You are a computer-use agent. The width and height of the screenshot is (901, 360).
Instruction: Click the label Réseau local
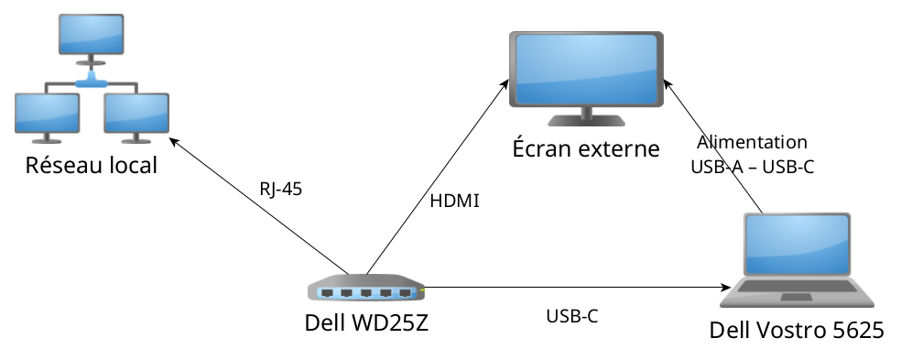pyautogui.click(x=91, y=166)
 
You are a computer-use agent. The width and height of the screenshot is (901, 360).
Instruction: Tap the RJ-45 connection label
pyautogui.click(x=280, y=190)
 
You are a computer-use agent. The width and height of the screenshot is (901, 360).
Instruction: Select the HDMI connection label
pyautogui.click(x=454, y=201)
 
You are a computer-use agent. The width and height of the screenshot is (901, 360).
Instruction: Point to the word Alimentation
pyautogui.click(x=752, y=142)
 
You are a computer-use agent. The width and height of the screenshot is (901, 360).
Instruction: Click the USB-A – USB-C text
pyautogui.click(x=752, y=167)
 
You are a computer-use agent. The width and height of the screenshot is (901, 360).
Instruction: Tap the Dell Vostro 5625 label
pyautogui.click(x=797, y=331)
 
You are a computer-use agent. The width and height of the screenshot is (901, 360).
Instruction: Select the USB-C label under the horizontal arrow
pyautogui.click(x=572, y=316)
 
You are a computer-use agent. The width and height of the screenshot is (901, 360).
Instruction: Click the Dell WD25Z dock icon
pyautogui.click(x=366, y=289)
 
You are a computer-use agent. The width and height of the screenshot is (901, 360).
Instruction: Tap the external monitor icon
pyautogui.click(x=586, y=78)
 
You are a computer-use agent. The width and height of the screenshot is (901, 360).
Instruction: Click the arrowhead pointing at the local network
pyautogui.click(x=174, y=141)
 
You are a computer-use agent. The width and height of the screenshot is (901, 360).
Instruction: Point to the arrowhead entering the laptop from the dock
pyautogui.click(x=724, y=288)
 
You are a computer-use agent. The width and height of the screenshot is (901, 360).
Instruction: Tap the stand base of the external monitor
pyautogui.click(x=586, y=121)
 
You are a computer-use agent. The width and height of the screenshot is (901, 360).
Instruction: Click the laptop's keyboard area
pyautogui.click(x=796, y=292)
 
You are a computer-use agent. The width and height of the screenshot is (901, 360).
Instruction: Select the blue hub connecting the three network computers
pyautogui.click(x=91, y=83)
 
